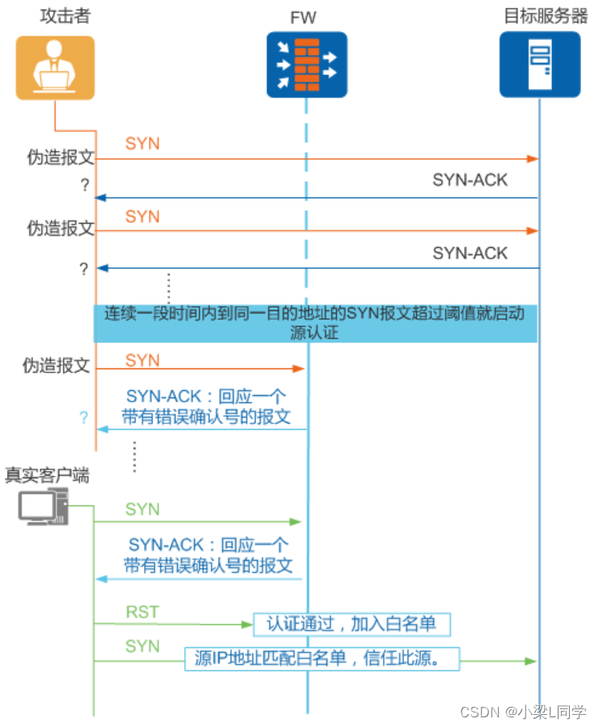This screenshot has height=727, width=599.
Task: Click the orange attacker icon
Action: (x=55, y=67)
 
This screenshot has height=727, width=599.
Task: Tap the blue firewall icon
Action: (x=306, y=65)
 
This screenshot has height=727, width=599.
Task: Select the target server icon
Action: (x=539, y=65)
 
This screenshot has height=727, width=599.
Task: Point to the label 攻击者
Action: (x=65, y=16)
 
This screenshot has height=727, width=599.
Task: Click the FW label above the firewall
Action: (x=306, y=17)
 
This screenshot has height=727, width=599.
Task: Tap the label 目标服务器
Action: (x=546, y=16)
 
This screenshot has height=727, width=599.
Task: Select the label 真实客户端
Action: (x=47, y=475)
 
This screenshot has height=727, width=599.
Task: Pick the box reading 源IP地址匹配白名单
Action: (x=323, y=658)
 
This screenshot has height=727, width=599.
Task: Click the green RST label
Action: (x=142, y=612)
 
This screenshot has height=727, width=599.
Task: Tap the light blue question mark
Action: (x=82, y=418)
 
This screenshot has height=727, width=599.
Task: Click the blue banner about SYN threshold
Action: (x=316, y=322)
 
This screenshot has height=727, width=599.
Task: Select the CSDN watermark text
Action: (x=522, y=712)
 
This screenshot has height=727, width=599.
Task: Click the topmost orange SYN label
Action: (x=142, y=144)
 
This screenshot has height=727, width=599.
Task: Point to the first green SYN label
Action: (x=142, y=509)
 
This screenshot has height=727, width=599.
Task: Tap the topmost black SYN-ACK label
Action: (x=470, y=180)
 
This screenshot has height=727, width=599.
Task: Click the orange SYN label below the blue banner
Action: (x=142, y=360)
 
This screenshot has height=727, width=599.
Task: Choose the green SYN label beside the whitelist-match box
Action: (x=142, y=646)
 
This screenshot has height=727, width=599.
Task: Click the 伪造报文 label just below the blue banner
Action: (x=56, y=366)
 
